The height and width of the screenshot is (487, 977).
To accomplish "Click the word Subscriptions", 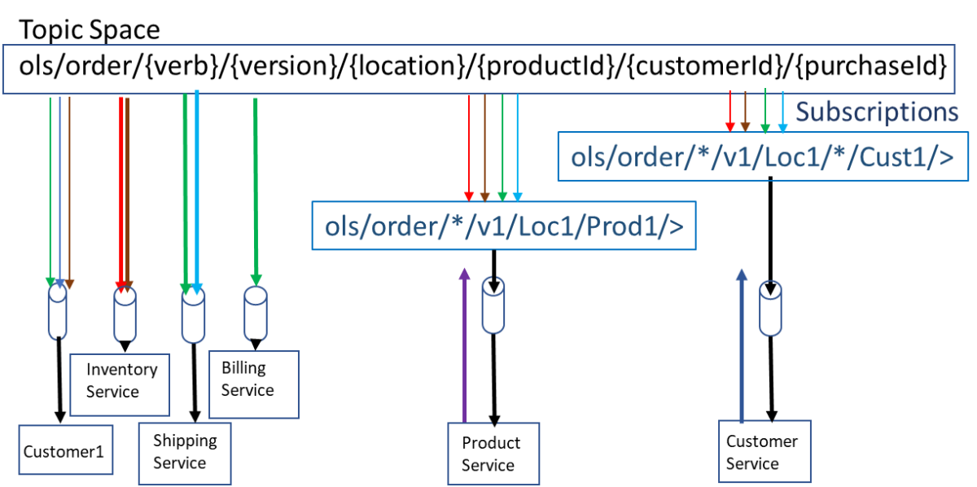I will coord(876,112).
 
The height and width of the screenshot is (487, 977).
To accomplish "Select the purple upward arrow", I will coord(465,342).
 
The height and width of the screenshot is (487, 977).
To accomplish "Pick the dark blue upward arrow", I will coord(741,342).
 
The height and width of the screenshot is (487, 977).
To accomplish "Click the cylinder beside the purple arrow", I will coord(493,305).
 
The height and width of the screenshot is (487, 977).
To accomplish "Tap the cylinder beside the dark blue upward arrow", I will coord(770,308).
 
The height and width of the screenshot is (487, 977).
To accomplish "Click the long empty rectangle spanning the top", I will coord(478,68).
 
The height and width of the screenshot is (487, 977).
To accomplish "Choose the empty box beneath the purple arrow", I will coord(493,453).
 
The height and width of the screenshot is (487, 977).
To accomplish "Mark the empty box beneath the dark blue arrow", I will coord(765,451).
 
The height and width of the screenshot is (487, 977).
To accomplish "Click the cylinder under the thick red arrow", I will coord(125,316).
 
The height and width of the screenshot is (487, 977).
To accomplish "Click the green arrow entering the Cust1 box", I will coord(765,111).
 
